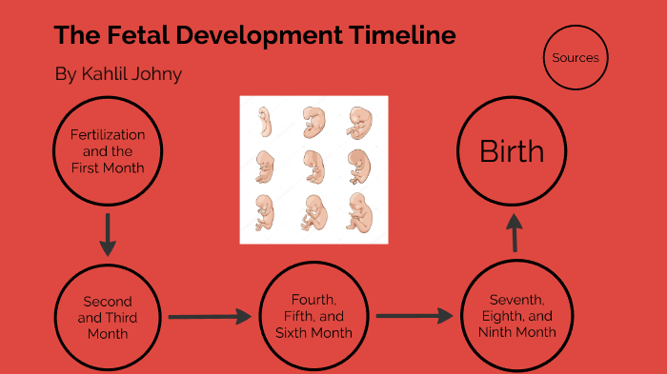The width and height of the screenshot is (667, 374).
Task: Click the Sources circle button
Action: (576, 58)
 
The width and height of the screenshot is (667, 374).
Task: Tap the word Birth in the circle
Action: (512, 151)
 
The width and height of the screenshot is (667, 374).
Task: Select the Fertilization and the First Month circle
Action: (108, 151)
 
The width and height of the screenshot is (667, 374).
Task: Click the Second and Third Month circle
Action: (108, 318)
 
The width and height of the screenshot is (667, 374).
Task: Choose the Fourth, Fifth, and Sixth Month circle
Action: (313, 317)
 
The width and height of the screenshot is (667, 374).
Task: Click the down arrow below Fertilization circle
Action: (108, 234)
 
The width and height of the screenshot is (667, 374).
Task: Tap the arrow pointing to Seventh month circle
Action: (414, 315)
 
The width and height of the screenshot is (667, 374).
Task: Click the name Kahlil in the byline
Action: (106, 74)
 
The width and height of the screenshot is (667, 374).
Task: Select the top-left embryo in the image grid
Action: (266, 121)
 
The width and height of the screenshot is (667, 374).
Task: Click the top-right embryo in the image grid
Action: (359, 121)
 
